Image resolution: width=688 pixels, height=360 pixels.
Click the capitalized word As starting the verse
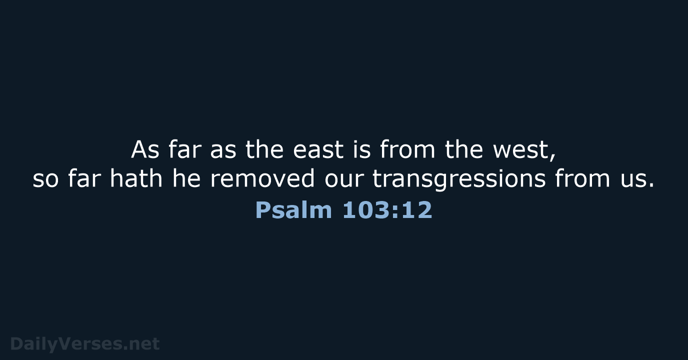click(145, 150)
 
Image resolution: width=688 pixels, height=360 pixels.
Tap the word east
click(318, 150)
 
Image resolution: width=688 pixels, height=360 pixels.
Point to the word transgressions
click(459, 179)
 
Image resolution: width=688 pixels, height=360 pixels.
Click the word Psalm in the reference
click(293, 210)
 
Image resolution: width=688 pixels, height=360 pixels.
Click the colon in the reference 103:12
click(394, 212)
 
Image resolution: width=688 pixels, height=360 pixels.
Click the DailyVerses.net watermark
click(85, 343)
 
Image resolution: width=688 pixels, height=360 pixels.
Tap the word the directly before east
click(264, 150)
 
